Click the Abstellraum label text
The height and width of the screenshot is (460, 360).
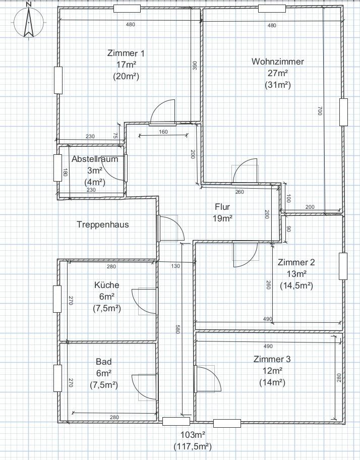point(95,159)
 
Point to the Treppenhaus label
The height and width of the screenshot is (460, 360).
point(102,224)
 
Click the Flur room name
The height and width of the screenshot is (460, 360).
point(222,207)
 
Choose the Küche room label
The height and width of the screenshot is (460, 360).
point(107,285)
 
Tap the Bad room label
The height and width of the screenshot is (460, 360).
point(103,362)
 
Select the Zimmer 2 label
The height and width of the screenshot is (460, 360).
point(296,262)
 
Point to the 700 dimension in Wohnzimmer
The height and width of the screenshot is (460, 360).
point(320,111)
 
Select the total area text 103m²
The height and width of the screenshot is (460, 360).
point(194,435)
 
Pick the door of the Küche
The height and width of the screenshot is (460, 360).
point(144,301)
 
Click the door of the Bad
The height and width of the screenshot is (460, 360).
point(144,387)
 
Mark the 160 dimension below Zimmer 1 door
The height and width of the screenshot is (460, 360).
point(163,132)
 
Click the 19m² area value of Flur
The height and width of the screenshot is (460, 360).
point(222,218)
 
